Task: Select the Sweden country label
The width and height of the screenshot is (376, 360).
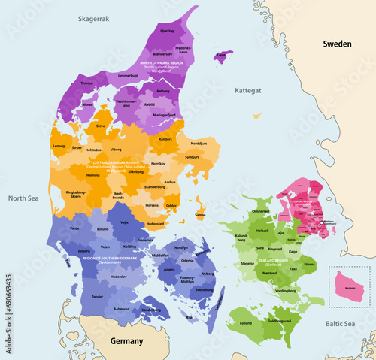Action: tap(338, 44)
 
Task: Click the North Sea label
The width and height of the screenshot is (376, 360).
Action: tap(23, 198)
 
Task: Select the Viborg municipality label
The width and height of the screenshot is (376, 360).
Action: tap(116, 149)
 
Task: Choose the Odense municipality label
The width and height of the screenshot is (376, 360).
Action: tap(188, 260)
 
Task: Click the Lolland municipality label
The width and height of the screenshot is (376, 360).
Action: tap(245, 322)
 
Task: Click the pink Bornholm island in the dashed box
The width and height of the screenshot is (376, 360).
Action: tap(349, 286)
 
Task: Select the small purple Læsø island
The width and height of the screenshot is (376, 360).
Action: tap(221, 56)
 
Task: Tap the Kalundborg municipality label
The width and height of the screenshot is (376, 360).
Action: tap(246, 239)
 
